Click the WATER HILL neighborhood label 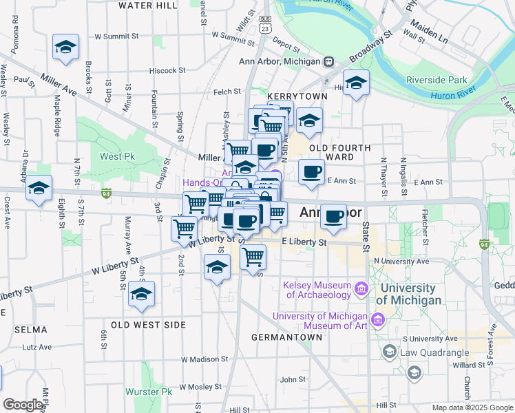(x=147, y=6)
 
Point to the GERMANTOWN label (x=286, y=337)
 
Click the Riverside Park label (x=437, y=81)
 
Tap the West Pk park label (x=117, y=156)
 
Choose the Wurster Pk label (x=148, y=392)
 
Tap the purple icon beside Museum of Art (x=377, y=319)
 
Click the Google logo (x=23, y=404)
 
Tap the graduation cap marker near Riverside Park (x=356, y=84)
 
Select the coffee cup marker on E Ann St (x=312, y=172)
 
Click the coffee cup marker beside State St (x=334, y=217)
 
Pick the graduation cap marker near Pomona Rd (x=66, y=48)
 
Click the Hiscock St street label (x=168, y=70)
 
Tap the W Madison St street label (x=204, y=359)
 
